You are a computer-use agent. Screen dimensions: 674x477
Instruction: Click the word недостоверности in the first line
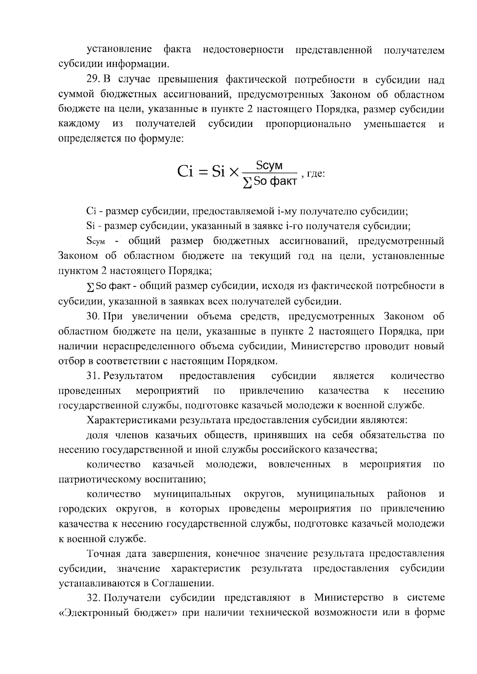243,50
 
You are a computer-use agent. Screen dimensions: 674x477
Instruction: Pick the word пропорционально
308,124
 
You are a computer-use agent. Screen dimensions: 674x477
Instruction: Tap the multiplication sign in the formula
234,172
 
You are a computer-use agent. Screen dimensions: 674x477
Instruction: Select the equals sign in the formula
204,172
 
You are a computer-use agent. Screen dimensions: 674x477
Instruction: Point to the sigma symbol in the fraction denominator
247,184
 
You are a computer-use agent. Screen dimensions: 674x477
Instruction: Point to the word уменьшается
394,124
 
